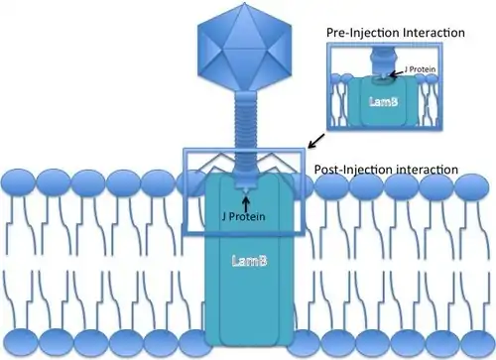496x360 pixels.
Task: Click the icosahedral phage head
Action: click(245, 47)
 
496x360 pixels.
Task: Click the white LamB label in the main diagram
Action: click(249, 261)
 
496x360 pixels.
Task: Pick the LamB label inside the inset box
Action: click(383, 101)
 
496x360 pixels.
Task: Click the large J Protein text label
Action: click(243, 216)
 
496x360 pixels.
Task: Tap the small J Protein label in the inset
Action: click(420, 69)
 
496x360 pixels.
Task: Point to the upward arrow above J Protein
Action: click(246, 203)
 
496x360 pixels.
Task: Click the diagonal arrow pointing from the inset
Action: click(316, 141)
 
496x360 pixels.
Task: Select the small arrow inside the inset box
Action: click(396, 73)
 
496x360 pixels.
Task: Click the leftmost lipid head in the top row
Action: click(19, 182)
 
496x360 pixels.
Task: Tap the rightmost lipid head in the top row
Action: click(471, 184)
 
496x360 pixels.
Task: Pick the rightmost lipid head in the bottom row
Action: click(477, 342)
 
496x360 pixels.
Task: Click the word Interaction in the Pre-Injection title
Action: click(434, 33)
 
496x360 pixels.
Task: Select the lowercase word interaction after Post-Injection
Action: click(427, 170)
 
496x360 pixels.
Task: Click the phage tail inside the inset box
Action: click(383, 61)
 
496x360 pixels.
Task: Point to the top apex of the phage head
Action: click(245, 3)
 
